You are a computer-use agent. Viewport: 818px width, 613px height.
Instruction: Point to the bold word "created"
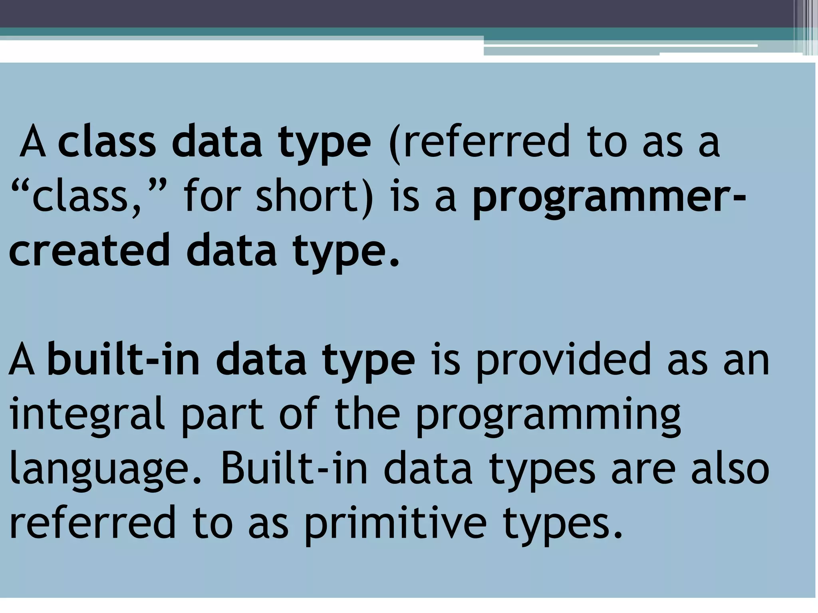(90, 251)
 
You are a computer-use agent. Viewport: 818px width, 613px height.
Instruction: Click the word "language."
(105, 470)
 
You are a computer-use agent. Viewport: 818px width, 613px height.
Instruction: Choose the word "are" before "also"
(643, 470)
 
